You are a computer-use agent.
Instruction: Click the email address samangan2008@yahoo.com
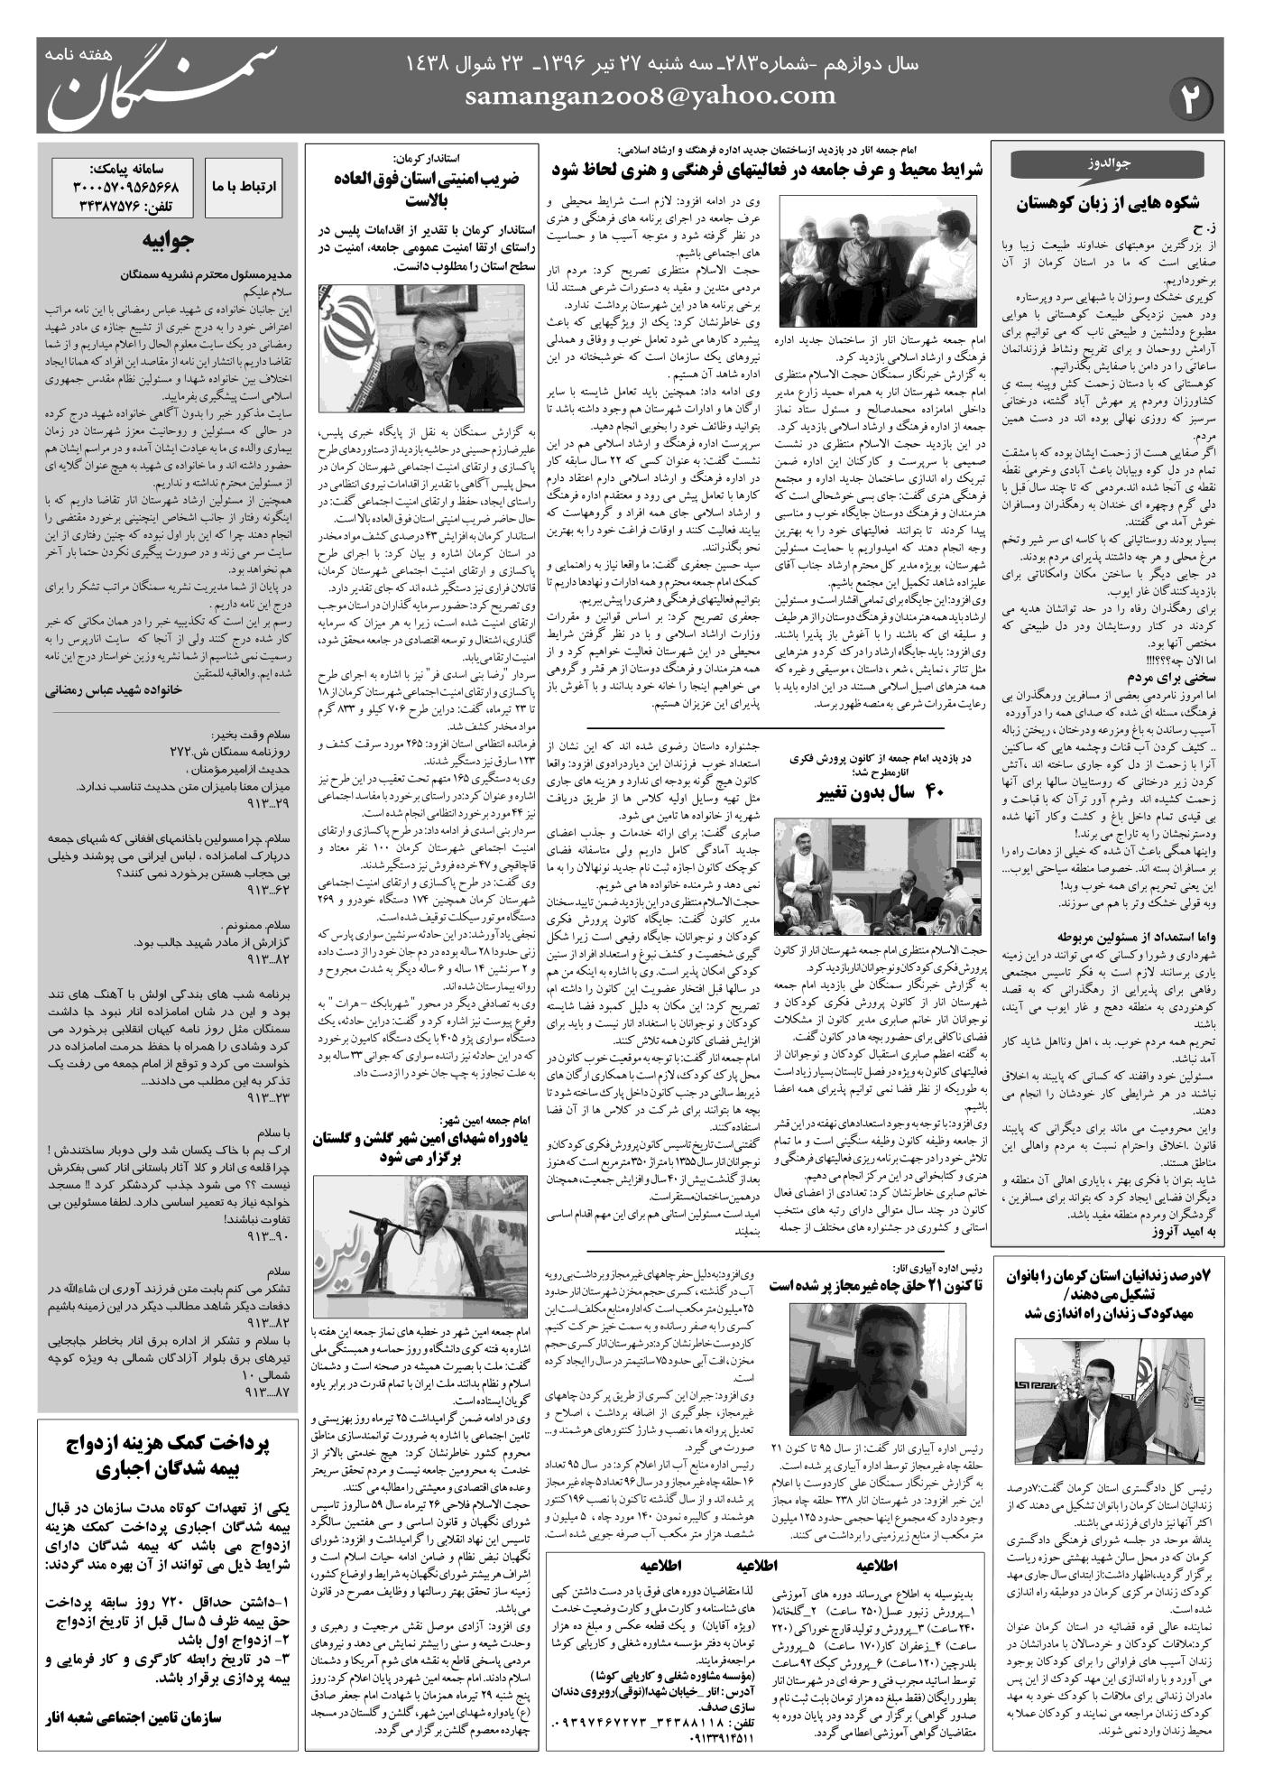(650, 97)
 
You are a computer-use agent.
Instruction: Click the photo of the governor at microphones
(393, 345)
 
